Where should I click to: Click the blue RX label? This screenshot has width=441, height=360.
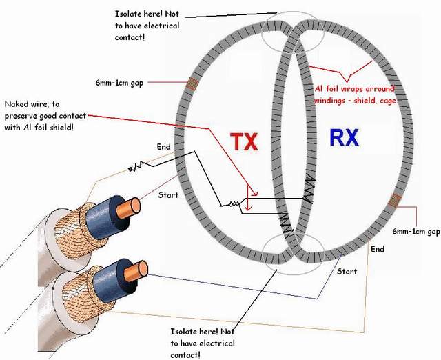pos(344,139)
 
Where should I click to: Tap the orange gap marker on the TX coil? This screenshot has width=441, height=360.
pos(192,85)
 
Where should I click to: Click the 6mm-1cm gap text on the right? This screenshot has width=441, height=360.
pos(415,232)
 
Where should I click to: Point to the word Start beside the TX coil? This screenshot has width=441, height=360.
pos(168,195)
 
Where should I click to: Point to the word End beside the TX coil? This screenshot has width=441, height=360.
pos(163,146)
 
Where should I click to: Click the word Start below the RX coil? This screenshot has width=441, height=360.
pos(347,271)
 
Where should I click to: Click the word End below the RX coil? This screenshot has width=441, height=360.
pos(377,248)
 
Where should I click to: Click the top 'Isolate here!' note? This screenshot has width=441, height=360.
pos(147,26)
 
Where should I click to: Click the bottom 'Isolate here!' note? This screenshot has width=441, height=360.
pos(203,343)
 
